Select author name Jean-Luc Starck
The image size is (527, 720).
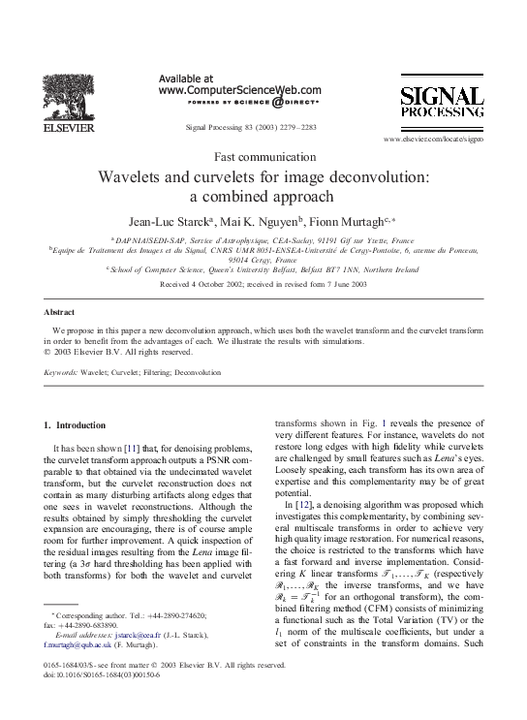[162, 220]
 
